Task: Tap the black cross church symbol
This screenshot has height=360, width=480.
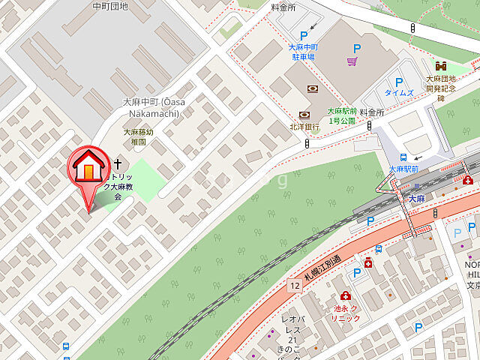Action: point(118,163)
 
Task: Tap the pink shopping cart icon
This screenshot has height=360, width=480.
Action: point(351,62)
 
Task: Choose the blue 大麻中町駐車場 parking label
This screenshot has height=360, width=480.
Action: point(304,51)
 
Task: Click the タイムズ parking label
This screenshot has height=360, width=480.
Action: point(398,92)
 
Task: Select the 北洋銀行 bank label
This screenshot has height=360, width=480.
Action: point(305,127)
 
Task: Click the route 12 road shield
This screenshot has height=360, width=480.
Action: point(294,285)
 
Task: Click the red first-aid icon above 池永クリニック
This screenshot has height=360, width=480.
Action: point(345,296)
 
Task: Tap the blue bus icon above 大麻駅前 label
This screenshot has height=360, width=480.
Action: point(403,157)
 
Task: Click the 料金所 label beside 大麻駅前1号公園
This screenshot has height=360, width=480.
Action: point(371,112)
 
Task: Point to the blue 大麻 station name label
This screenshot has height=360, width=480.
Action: point(417,199)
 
